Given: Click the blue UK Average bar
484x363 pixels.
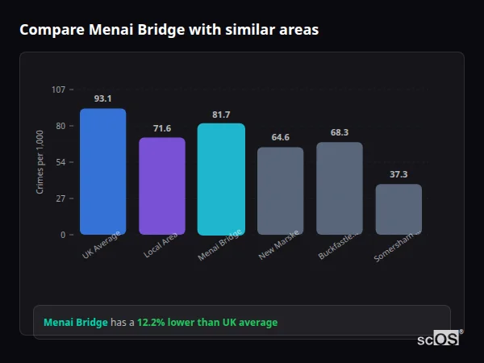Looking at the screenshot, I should [x=102, y=172].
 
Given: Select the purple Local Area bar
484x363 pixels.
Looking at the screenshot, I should [x=162, y=186].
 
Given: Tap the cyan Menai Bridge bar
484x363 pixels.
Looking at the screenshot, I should [x=221, y=179].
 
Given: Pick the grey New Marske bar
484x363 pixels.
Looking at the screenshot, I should [x=280, y=191].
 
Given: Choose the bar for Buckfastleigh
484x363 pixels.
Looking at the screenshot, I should [x=339, y=189].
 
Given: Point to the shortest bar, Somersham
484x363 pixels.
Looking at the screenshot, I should [x=398, y=210].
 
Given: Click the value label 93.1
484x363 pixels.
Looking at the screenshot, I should [x=102, y=98].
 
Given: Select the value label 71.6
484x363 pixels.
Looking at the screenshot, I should [x=162, y=128].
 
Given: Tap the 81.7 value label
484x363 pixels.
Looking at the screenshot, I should [x=221, y=115].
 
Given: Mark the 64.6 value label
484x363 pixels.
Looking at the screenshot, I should [x=280, y=137].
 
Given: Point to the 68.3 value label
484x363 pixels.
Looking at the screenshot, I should [x=339, y=132].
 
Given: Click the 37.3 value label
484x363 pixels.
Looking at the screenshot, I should [x=398, y=174].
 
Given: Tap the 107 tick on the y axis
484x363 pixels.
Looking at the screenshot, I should [x=58, y=90].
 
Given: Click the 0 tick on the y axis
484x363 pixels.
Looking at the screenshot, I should [x=62, y=235].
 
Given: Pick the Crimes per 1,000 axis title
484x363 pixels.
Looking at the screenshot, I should [x=40, y=162].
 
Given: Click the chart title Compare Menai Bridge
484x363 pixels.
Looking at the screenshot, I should [x=169, y=30].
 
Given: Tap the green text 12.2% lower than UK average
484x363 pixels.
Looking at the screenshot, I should [x=207, y=323].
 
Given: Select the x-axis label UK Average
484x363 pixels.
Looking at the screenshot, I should [x=102, y=245].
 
